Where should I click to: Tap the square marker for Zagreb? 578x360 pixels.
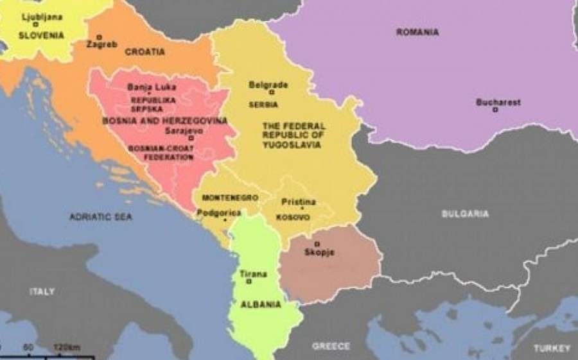point(99,37)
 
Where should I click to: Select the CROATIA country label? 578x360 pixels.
point(144,51)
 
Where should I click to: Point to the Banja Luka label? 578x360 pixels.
point(152,87)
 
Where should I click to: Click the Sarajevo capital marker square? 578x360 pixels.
point(191,138)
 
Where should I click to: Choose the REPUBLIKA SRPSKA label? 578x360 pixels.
point(153,105)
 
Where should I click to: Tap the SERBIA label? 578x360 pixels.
point(263,105)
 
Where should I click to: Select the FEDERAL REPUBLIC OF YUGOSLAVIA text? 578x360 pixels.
point(293,135)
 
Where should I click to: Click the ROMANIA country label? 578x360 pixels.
point(417,32)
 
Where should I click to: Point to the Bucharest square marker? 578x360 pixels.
point(495,110)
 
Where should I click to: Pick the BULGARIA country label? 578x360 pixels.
point(465,214)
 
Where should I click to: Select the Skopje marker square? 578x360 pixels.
point(317,244)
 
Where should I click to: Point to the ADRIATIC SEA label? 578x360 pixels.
point(101,218)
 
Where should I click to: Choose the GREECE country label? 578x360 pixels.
point(331,347)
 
